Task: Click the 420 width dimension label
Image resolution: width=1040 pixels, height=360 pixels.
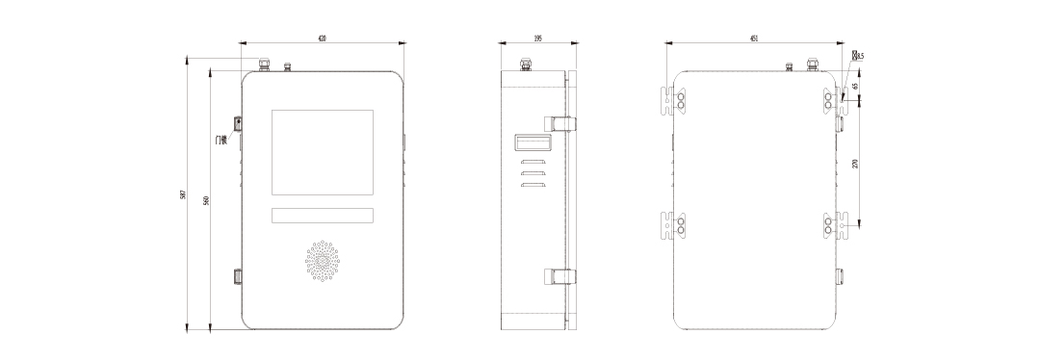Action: (x=322, y=39)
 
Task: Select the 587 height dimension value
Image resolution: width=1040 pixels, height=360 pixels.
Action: (x=183, y=195)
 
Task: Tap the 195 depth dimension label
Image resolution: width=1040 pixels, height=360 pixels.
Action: (x=537, y=39)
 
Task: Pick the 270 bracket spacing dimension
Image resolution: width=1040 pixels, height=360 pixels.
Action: (x=854, y=164)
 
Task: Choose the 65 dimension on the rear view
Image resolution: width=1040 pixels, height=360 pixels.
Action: (x=854, y=87)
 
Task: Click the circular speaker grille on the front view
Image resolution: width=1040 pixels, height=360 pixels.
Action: (x=323, y=263)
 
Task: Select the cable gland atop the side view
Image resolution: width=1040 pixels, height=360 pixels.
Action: (x=526, y=65)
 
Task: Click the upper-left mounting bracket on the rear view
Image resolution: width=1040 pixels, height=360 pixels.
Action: (x=674, y=101)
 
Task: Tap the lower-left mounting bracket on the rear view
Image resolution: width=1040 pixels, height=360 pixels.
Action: (x=674, y=225)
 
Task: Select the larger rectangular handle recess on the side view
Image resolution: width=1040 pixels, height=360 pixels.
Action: (x=532, y=143)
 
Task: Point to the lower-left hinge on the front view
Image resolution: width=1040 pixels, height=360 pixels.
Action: (x=238, y=277)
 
